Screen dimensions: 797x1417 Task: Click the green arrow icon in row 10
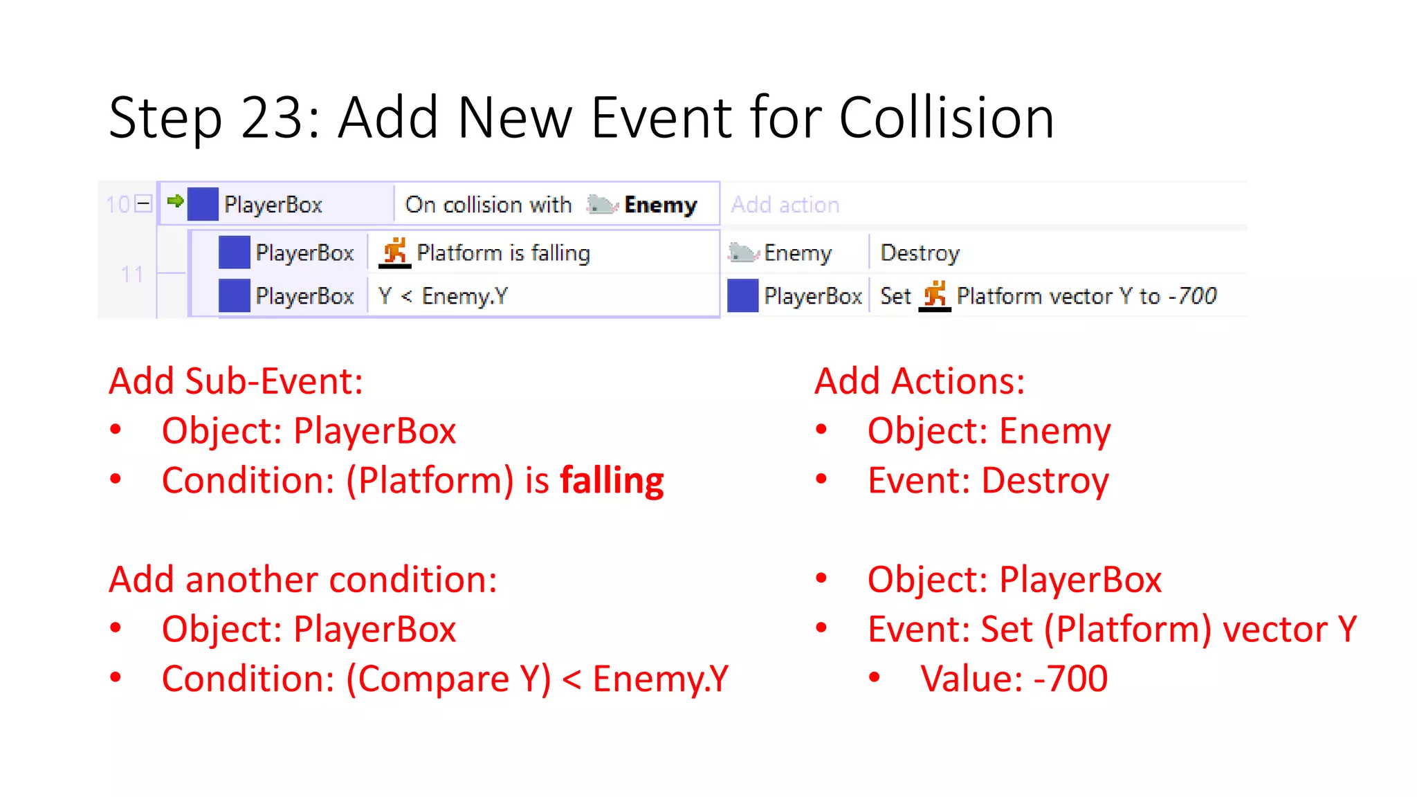(175, 201)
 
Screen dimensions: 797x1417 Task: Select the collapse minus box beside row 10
(144, 204)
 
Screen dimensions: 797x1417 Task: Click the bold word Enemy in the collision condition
(660, 205)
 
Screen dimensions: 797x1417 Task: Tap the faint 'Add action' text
(785, 205)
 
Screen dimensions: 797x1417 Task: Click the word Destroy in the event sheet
(920, 253)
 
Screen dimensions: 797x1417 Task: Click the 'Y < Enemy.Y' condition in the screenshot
(443, 296)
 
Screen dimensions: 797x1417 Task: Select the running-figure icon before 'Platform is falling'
(395, 252)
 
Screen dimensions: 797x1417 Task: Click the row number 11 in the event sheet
(131, 275)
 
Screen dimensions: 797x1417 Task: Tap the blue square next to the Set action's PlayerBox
(742, 295)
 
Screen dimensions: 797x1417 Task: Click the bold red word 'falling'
(612, 480)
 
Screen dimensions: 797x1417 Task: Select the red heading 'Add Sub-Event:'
(236, 381)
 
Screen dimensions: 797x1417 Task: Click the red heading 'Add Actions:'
(919, 381)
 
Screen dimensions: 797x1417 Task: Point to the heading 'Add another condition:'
(303, 580)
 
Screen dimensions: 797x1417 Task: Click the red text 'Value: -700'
(1014, 679)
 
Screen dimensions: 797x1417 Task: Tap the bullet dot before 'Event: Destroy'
(821, 479)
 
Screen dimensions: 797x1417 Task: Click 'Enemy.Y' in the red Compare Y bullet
(660, 679)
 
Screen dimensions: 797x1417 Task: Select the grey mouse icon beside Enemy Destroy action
(743, 253)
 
